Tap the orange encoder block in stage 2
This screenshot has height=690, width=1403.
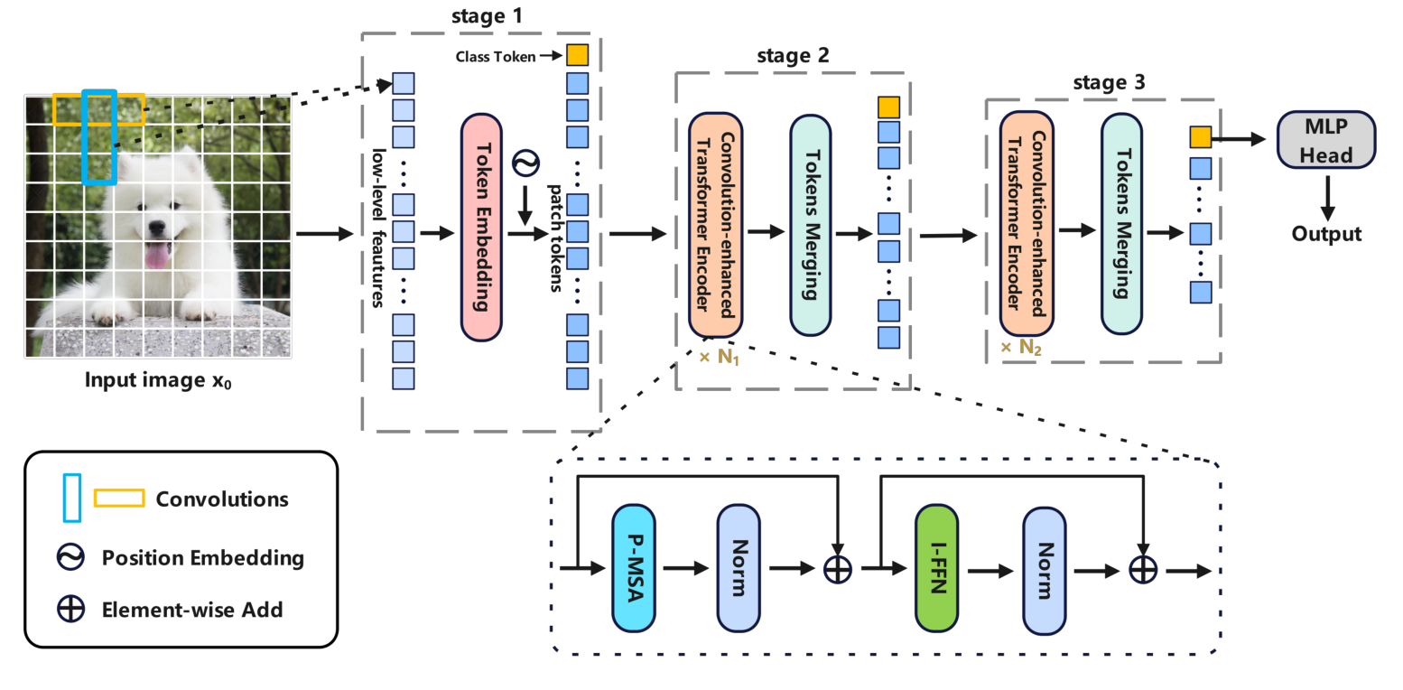(x=716, y=226)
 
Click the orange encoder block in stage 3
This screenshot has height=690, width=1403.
(x=1027, y=226)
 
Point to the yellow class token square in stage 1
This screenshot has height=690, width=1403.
(x=577, y=55)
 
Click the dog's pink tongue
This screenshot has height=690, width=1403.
(x=157, y=256)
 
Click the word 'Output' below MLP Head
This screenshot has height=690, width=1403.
(x=1325, y=234)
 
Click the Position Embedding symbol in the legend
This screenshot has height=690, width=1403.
(x=70, y=557)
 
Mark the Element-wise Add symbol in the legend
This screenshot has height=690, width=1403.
(x=70, y=610)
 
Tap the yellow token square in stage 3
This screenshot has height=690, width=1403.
(x=1199, y=137)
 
